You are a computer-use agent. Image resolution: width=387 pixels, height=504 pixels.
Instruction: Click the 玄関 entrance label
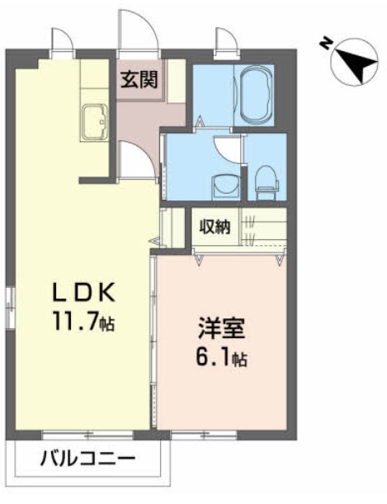point(139,79)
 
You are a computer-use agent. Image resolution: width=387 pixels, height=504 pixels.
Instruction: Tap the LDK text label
point(83,291)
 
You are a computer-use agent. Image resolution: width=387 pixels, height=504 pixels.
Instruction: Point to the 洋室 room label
point(221,328)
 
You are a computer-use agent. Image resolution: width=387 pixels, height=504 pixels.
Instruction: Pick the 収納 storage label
point(215,227)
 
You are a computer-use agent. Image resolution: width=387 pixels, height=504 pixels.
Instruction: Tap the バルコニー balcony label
point(87,458)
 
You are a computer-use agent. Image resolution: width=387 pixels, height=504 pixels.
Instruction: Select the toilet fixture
point(267,182)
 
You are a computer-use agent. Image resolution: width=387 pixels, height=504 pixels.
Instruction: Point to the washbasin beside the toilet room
point(225,186)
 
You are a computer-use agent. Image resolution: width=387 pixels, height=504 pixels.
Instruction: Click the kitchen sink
point(95,122)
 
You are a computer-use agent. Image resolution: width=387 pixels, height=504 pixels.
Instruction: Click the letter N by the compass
point(326,44)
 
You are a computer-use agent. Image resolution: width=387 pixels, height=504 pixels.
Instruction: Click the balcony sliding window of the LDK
point(87,435)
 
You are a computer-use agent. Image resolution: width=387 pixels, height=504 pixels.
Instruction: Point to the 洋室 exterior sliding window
point(204,435)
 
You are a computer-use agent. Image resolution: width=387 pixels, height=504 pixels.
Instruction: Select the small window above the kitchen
point(63,54)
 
